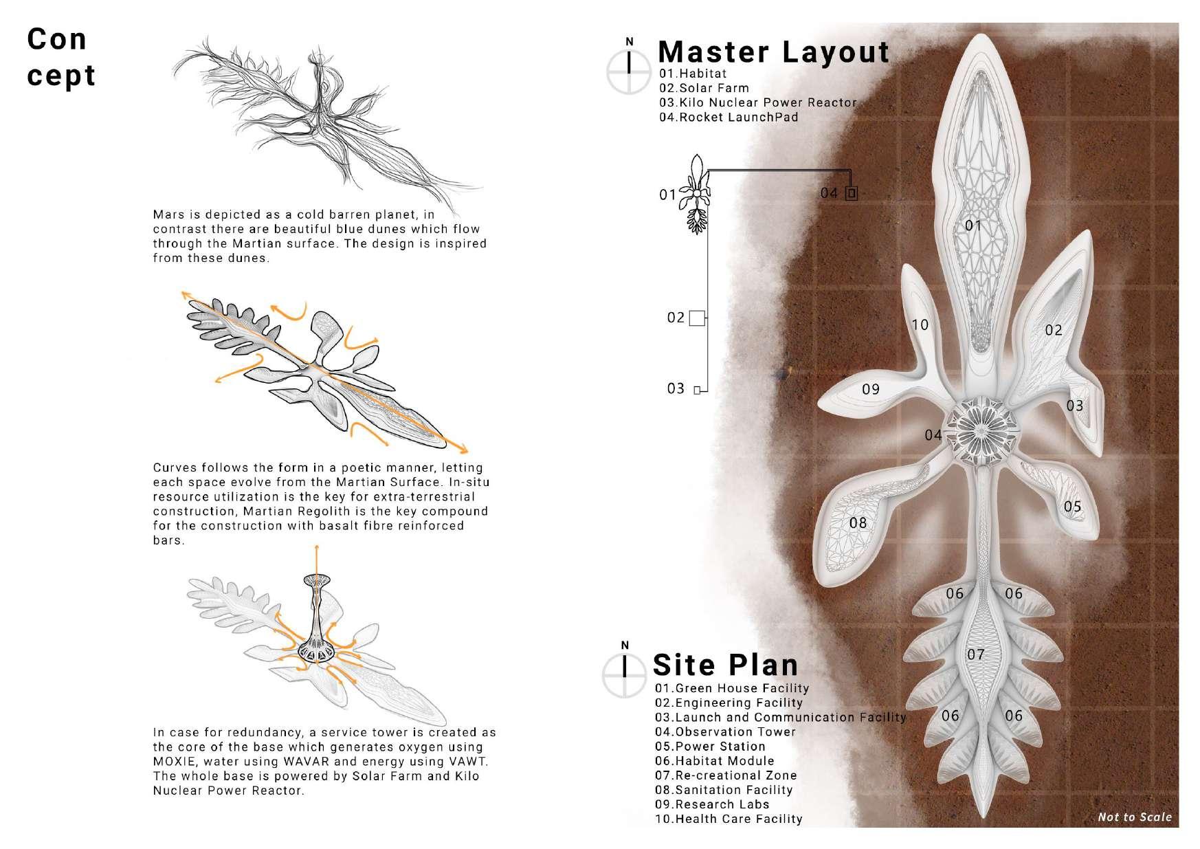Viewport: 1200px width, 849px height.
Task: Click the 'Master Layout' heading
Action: pos(773,52)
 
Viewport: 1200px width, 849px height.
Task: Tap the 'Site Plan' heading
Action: pos(725,665)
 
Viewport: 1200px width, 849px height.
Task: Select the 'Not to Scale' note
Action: pos(1134,817)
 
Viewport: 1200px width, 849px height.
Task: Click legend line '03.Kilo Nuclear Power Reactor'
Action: pos(757,102)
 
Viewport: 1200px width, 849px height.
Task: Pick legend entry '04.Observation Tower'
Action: pos(725,731)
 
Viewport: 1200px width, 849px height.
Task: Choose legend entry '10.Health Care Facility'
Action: pos(729,819)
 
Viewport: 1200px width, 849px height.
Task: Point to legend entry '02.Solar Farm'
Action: pos(704,88)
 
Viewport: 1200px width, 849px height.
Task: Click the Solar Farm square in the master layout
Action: pos(697,318)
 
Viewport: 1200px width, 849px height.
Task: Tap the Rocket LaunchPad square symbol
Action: pos(851,193)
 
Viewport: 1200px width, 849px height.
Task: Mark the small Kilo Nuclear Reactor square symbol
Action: pos(697,390)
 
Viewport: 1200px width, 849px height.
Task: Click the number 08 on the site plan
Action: pos(858,523)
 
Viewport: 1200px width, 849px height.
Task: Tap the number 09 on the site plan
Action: pos(871,390)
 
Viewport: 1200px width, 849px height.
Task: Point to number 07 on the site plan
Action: pos(976,654)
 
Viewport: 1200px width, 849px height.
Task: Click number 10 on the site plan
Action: pos(920,324)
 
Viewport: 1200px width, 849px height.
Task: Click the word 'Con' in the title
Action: pos(57,39)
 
